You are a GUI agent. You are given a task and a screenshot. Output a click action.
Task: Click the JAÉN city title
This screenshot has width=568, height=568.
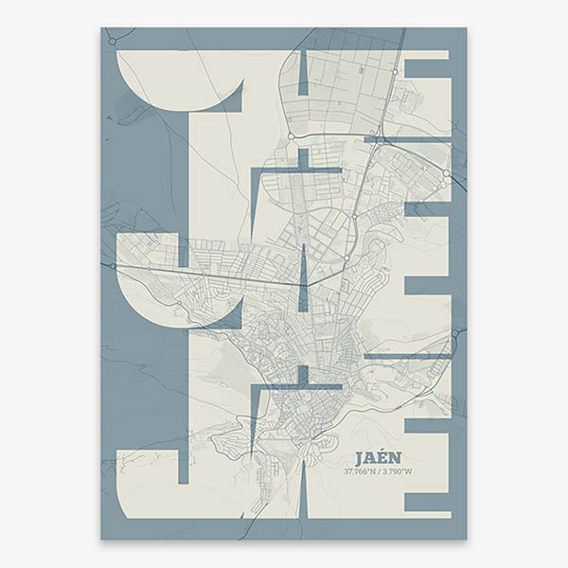379,456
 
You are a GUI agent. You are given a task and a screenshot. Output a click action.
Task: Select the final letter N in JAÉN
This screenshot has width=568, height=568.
396,456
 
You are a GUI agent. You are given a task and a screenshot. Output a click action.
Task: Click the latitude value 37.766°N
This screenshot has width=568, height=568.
359,470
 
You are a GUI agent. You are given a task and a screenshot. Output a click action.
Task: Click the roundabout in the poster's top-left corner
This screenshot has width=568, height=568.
112,41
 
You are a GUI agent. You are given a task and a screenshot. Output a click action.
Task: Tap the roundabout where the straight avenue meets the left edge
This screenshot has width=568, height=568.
112,266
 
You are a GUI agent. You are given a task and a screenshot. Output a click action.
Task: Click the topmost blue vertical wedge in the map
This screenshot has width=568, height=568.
303,72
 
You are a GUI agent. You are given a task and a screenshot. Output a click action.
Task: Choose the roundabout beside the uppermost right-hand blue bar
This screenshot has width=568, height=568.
395,71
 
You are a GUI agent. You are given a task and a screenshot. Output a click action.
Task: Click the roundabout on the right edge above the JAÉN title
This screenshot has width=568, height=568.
455,333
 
